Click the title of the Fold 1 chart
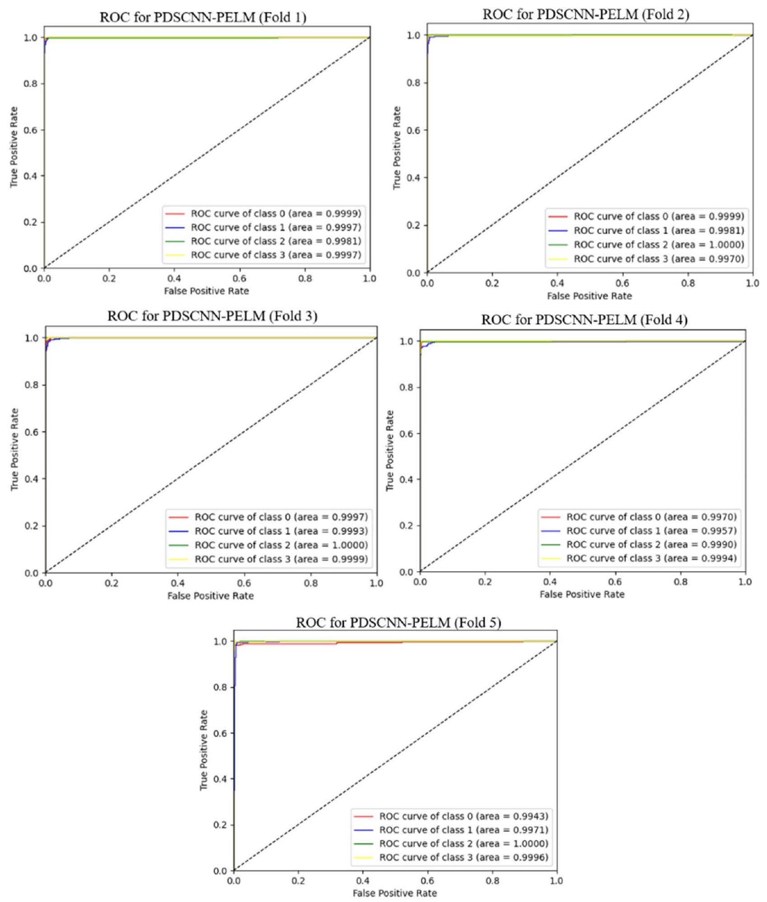(x=203, y=18)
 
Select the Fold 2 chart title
(x=586, y=15)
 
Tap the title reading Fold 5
(x=398, y=623)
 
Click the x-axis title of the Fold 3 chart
(x=211, y=596)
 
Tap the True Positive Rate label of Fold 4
(x=390, y=451)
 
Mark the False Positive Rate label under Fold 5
(x=395, y=893)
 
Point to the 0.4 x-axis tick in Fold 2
(x=557, y=283)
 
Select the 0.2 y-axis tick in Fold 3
(x=31, y=526)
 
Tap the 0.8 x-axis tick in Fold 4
(x=680, y=582)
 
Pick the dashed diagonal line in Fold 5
(x=395, y=756)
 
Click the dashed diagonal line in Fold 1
(x=207, y=153)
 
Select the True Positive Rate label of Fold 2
(x=397, y=148)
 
